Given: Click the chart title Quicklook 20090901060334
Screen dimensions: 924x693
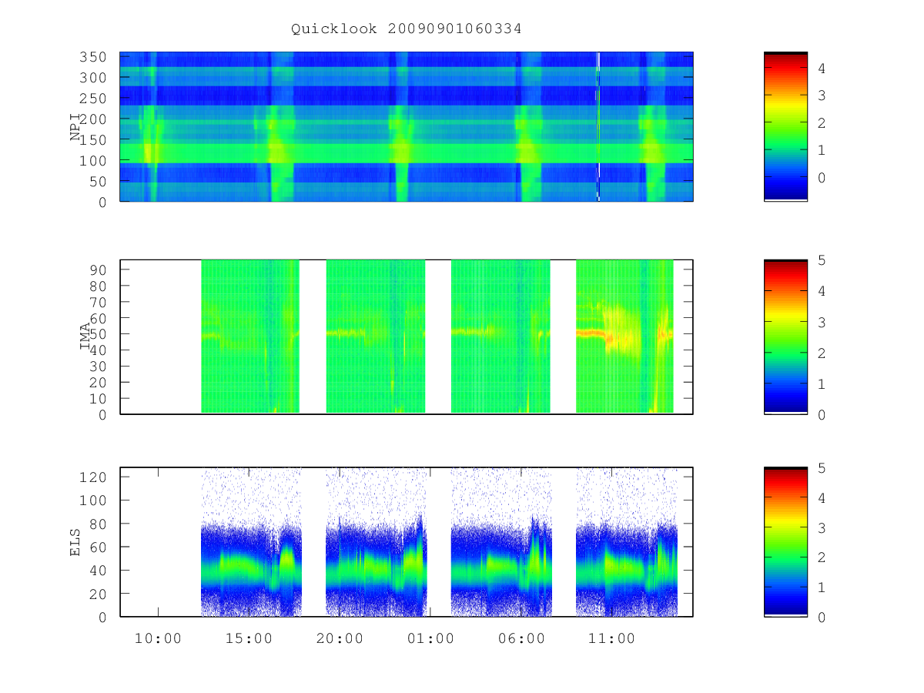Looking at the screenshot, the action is pyautogui.click(x=407, y=28).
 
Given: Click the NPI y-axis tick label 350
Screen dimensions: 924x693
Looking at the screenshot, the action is pyautogui.click(x=93, y=57).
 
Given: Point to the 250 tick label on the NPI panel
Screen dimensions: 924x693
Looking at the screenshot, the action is pyautogui.click(x=93, y=99).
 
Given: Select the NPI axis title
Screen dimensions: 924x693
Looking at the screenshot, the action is pyautogui.click(x=75, y=126).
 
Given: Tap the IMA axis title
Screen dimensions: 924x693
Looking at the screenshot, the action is pyautogui.click(x=85, y=336).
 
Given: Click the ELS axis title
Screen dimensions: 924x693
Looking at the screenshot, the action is pyautogui.click(x=75, y=542).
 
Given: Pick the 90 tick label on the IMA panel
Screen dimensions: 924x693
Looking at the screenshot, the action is pyautogui.click(x=98, y=270).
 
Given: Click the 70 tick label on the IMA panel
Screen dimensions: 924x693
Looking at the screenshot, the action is pyautogui.click(x=98, y=303).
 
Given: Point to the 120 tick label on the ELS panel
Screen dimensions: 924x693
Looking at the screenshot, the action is pyautogui.click(x=93, y=477).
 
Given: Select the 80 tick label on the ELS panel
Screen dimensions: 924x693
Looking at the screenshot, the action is pyautogui.click(x=98, y=524).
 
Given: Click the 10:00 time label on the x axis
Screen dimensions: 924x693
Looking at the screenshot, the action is pyautogui.click(x=158, y=638).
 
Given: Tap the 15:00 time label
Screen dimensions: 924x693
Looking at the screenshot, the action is pyautogui.click(x=249, y=638).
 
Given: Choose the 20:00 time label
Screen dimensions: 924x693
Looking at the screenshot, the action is pyautogui.click(x=340, y=638).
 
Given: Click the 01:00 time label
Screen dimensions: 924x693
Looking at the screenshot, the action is pyautogui.click(x=430, y=638).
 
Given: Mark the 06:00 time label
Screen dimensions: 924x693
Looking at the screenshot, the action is pyautogui.click(x=521, y=638).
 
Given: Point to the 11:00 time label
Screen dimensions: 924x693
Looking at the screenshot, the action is pyautogui.click(x=611, y=638).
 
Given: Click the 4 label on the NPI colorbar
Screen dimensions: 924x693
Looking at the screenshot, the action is pyautogui.click(x=822, y=69).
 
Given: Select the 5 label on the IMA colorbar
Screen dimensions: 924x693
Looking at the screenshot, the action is pyautogui.click(x=822, y=260).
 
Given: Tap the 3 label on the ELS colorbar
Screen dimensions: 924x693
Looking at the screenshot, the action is pyautogui.click(x=822, y=528).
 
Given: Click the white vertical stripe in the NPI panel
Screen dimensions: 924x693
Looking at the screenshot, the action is pyautogui.click(x=598, y=126).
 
